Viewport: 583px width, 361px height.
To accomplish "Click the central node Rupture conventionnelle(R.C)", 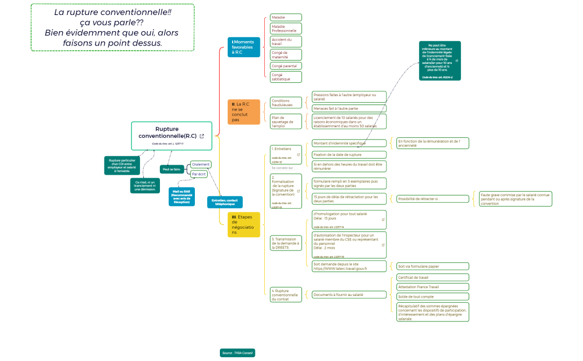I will [171, 136].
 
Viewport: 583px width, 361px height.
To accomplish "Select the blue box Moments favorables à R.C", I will [243, 47].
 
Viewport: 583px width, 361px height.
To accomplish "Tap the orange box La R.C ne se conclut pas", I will [243, 112].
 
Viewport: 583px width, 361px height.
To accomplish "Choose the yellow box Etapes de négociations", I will [243, 224].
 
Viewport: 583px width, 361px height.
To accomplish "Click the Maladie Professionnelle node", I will [285, 28].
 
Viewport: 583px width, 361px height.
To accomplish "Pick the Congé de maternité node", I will [285, 54].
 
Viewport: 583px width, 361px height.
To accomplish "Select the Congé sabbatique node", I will [285, 77].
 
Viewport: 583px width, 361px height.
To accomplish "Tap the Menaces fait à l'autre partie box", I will [348, 108].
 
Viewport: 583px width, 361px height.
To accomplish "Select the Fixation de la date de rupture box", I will [348, 154].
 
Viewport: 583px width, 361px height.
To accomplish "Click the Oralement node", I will [200, 164].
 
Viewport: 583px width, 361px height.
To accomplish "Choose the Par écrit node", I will [199, 174].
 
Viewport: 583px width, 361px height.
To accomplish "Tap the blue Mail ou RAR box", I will [182, 197].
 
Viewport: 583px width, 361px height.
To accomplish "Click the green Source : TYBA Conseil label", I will [237, 353].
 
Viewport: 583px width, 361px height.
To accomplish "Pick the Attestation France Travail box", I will [433, 287].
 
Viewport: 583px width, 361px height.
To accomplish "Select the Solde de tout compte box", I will [433, 297].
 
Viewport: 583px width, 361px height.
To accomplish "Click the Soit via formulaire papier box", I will [433, 266].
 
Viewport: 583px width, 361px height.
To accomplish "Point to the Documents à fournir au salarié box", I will [348, 294].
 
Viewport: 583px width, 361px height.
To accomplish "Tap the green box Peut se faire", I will [172, 169].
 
